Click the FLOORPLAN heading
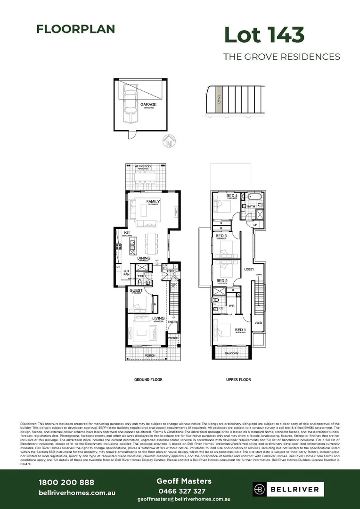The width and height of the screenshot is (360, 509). click(75, 29)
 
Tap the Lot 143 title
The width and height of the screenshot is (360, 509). click(264, 35)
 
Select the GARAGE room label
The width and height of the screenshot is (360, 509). click(148, 105)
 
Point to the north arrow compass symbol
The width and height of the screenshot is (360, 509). click(170, 140)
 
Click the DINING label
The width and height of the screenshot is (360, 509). click(144, 258)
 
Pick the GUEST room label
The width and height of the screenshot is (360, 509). click(136, 291)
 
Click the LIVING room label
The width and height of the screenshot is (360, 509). click(158, 319)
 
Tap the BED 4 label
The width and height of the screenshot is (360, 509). click(231, 196)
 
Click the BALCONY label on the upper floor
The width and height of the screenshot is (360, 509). click(231, 353)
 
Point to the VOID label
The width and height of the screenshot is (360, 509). click(258, 323)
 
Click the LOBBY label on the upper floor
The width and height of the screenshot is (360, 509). click(249, 269)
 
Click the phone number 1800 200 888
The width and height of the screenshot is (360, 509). click(66, 482)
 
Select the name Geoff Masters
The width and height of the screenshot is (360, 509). click(183, 481)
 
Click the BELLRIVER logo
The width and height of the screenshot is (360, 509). click(288, 489)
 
